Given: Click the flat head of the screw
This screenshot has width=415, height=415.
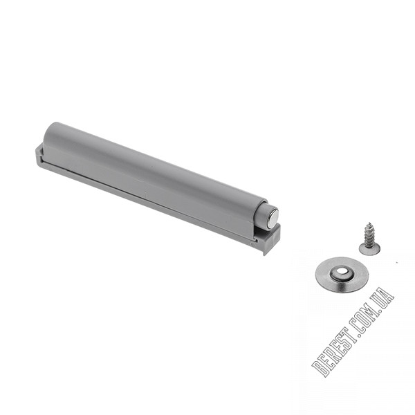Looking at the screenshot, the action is (x=369, y=249).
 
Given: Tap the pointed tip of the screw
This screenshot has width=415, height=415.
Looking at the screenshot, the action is (x=369, y=223).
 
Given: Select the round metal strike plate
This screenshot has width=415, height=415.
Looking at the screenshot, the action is (x=342, y=275).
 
